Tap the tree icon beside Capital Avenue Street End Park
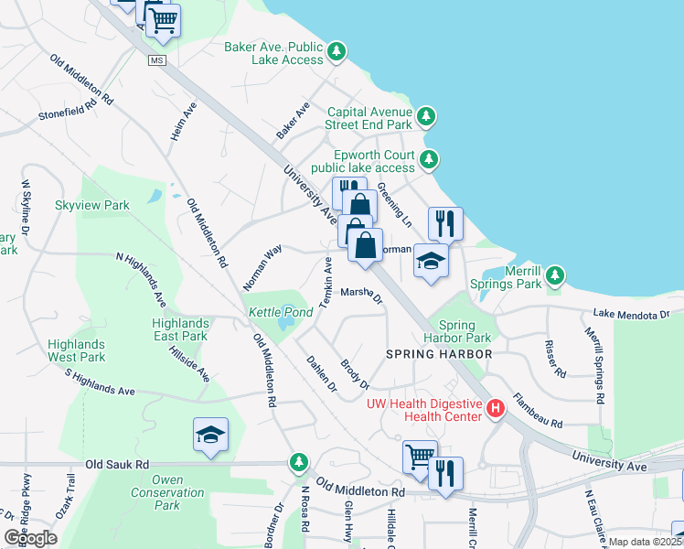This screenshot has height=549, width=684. [x=426, y=116]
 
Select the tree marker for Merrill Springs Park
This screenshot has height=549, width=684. [x=554, y=275]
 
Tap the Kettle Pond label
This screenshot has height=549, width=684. [x=279, y=313]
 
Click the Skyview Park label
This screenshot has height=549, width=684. [x=92, y=206]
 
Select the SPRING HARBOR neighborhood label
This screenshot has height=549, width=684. [x=439, y=353]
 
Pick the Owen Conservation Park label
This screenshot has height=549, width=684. [x=166, y=492]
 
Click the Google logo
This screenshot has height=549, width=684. [x=31, y=538]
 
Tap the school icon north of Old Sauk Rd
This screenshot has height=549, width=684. [x=210, y=436]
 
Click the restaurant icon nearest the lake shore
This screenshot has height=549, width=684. [x=445, y=222]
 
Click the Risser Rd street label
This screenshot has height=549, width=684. [x=555, y=359]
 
